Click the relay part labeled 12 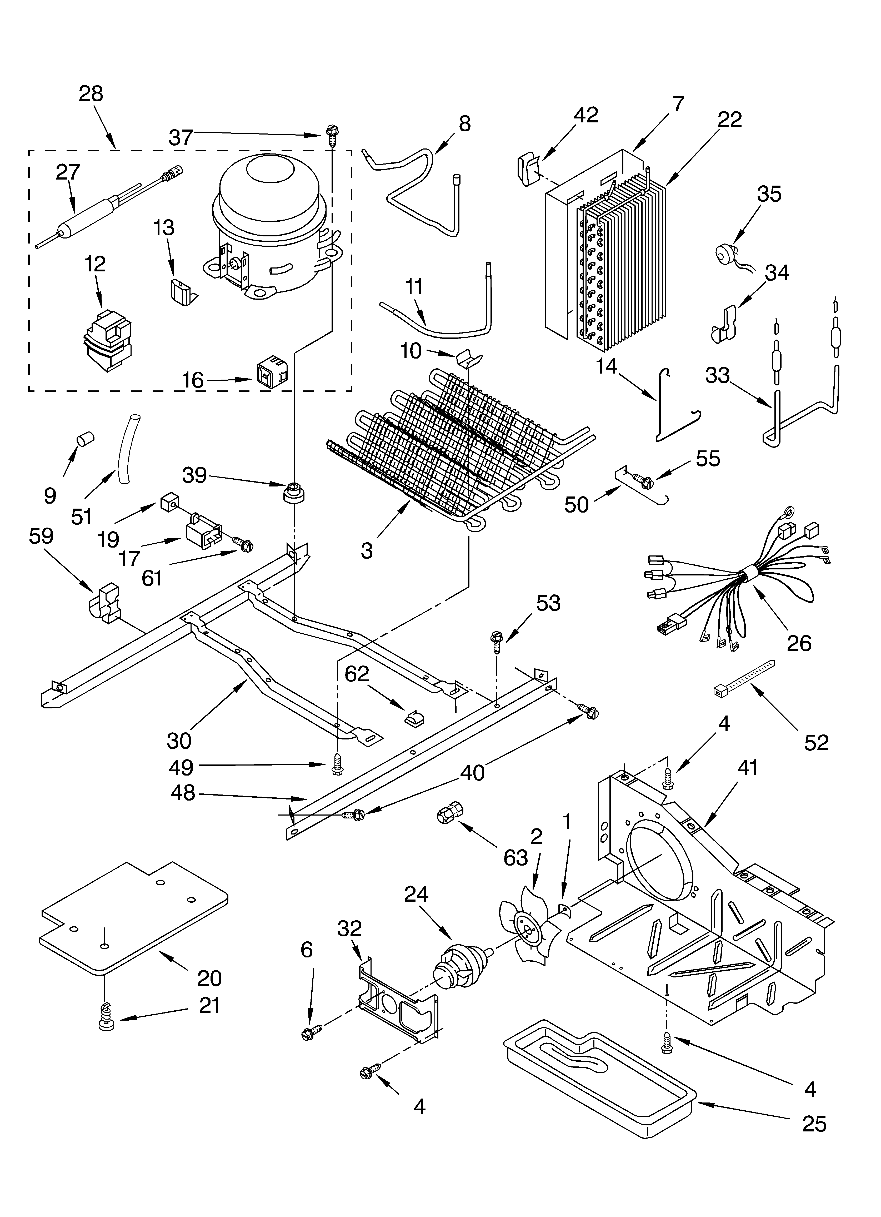pyautogui.click(x=107, y=341)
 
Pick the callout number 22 pyautogui.click(x=730, y=119)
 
